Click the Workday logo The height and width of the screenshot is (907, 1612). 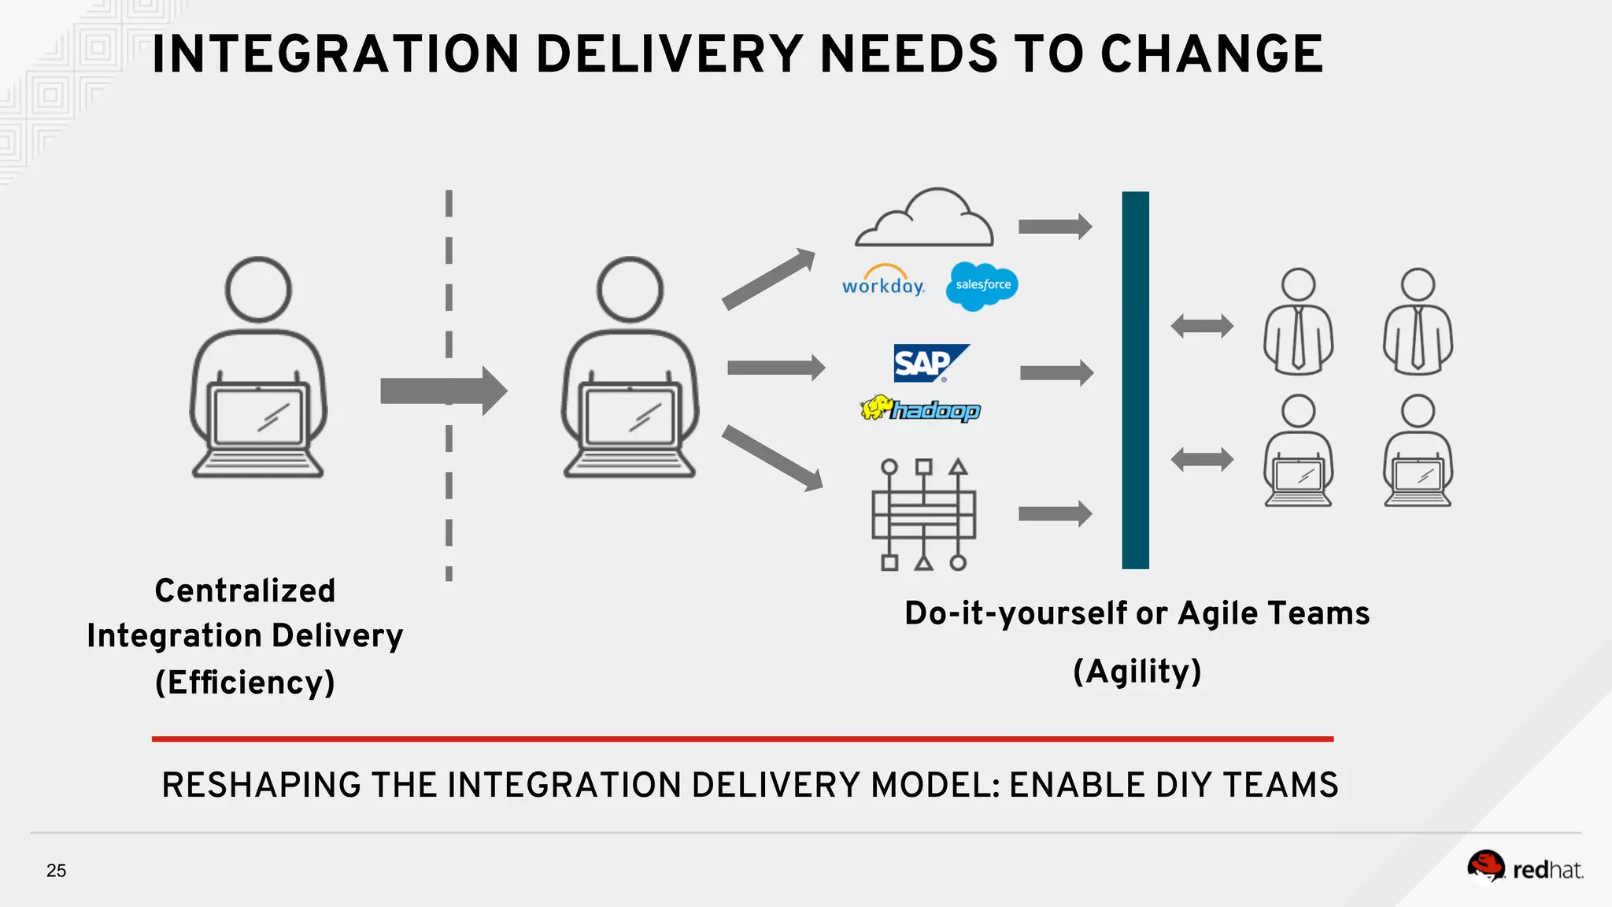point(883,282)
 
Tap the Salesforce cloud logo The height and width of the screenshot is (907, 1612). point(983,285)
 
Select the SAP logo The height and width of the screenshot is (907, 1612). point(930,363)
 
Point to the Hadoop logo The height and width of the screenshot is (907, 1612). point(920,409)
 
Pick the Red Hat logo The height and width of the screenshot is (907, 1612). point(1524,868)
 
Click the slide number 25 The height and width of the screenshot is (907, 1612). point(56,870)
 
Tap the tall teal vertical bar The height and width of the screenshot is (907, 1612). point(1135,379)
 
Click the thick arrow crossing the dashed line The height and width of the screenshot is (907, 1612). point(443,391)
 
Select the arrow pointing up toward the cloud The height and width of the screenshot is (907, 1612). point(768,279)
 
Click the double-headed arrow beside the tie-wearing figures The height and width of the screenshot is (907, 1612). point(1202,325)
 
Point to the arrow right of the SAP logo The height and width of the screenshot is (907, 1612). point(1056,372)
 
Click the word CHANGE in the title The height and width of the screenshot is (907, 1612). point(1211,54)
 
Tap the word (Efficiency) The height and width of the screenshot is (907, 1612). point(245,682)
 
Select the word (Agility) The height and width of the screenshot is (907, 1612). point(1137,671)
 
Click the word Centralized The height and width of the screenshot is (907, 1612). point(245,590)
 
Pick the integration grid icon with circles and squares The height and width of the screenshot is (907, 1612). point(923,514)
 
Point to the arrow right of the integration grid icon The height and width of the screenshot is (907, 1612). point(1055,514)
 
